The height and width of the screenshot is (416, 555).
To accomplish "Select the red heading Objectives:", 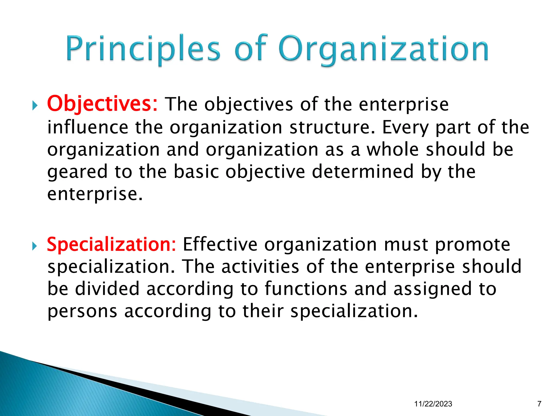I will point(102,104).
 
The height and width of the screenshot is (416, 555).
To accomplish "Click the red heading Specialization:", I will point(111,244).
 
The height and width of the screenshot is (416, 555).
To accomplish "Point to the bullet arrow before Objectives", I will point(34,106).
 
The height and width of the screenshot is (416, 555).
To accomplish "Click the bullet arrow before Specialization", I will point(34,246).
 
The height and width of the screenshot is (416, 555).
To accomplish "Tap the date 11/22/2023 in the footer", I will point(433,404).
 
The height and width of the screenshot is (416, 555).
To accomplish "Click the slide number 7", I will point(539,404).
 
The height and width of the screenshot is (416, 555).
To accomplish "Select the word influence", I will point(88,127).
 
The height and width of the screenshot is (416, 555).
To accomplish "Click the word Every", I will point(405,128).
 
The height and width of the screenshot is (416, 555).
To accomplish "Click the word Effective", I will point(220,244).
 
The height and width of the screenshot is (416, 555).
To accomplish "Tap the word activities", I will point(260,266).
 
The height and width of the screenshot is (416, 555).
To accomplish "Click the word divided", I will point(107,288).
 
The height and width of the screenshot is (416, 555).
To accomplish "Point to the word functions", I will point(306,288).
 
